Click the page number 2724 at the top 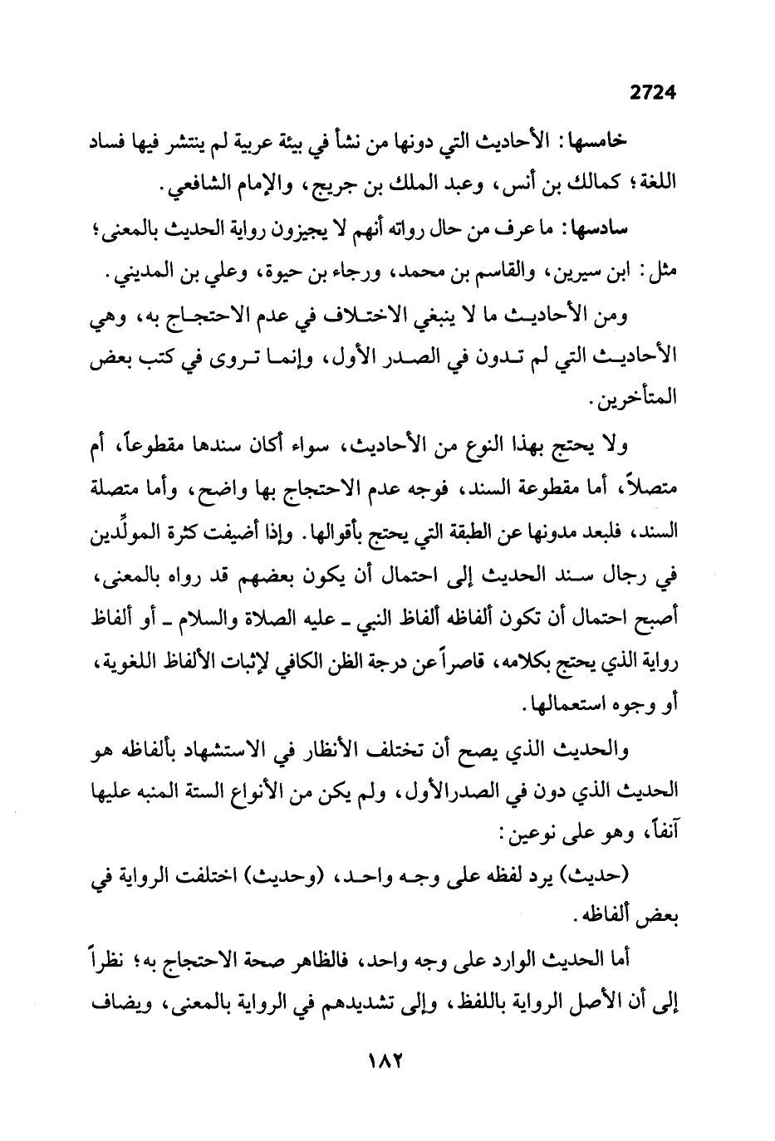click(654, 93)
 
